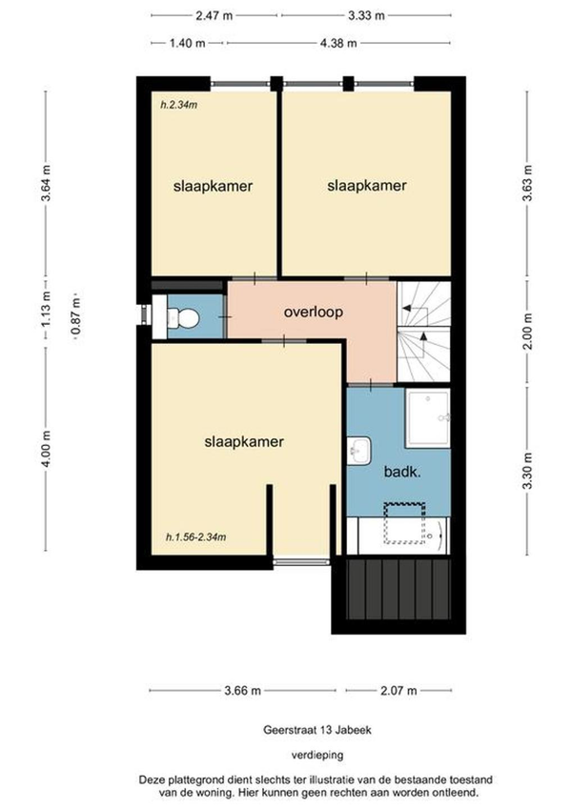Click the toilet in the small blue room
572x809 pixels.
click(183, 318)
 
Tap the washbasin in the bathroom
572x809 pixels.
click(358, 451)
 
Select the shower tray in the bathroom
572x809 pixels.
click(427, 418)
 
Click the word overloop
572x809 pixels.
click(314, 313)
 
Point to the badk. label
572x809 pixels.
click(402, 472)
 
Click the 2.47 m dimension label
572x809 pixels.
click(214, 15)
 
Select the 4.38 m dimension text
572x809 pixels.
click(338, 43)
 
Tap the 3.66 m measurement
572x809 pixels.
click(243, 690)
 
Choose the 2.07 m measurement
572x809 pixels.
click(398, 690)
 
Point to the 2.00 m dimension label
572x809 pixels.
click(527, 332)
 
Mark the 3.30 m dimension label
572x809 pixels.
click(527, 472)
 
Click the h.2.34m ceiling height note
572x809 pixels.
click(178, 105)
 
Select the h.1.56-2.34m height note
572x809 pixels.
click(195, 537)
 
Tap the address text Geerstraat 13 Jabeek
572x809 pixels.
click(317, 730)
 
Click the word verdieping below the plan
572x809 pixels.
click(317, 755)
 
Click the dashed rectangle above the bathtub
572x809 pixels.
click(404, 523)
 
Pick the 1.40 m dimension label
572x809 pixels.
click(188, 43)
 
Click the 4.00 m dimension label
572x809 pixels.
click(46, 449)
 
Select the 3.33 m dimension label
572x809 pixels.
click(366, 15)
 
